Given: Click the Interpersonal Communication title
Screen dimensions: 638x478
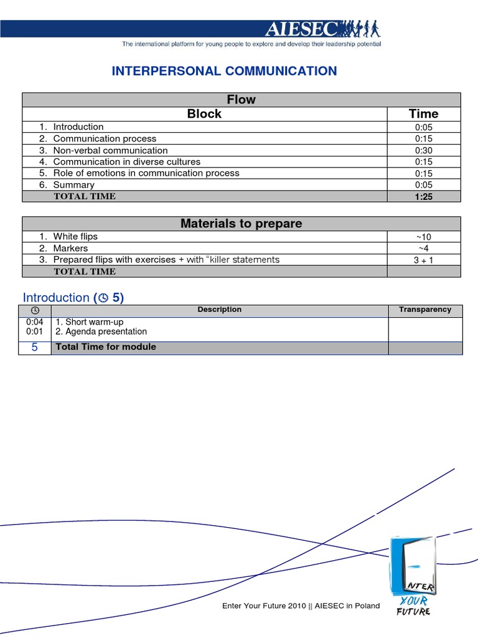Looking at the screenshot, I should point(224,71).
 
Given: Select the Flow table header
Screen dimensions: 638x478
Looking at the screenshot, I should point(241,100).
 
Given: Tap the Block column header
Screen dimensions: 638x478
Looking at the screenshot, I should point(204,114).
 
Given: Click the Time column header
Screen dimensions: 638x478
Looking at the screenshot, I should point(423,114).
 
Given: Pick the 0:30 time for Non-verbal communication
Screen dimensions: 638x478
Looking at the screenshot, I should point(423,151).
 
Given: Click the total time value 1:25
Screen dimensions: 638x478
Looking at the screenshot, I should point(423,196).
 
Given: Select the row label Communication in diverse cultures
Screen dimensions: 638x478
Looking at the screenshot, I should point(126,162).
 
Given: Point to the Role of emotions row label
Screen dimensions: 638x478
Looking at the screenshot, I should point(146,173).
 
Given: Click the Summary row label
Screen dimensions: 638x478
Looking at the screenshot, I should point(73,185).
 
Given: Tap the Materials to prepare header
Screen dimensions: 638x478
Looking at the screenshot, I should point(241,224).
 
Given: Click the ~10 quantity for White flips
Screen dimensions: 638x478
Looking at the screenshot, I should point(423,237).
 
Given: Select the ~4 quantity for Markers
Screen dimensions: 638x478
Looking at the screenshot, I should point(423,249).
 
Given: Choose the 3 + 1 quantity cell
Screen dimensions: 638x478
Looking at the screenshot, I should point(423,260).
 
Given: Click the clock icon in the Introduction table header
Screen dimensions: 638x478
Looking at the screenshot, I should point(35,310).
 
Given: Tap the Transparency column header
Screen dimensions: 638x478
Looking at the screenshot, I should point(425,310).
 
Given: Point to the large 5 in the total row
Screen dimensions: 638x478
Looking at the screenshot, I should point(35,348).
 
